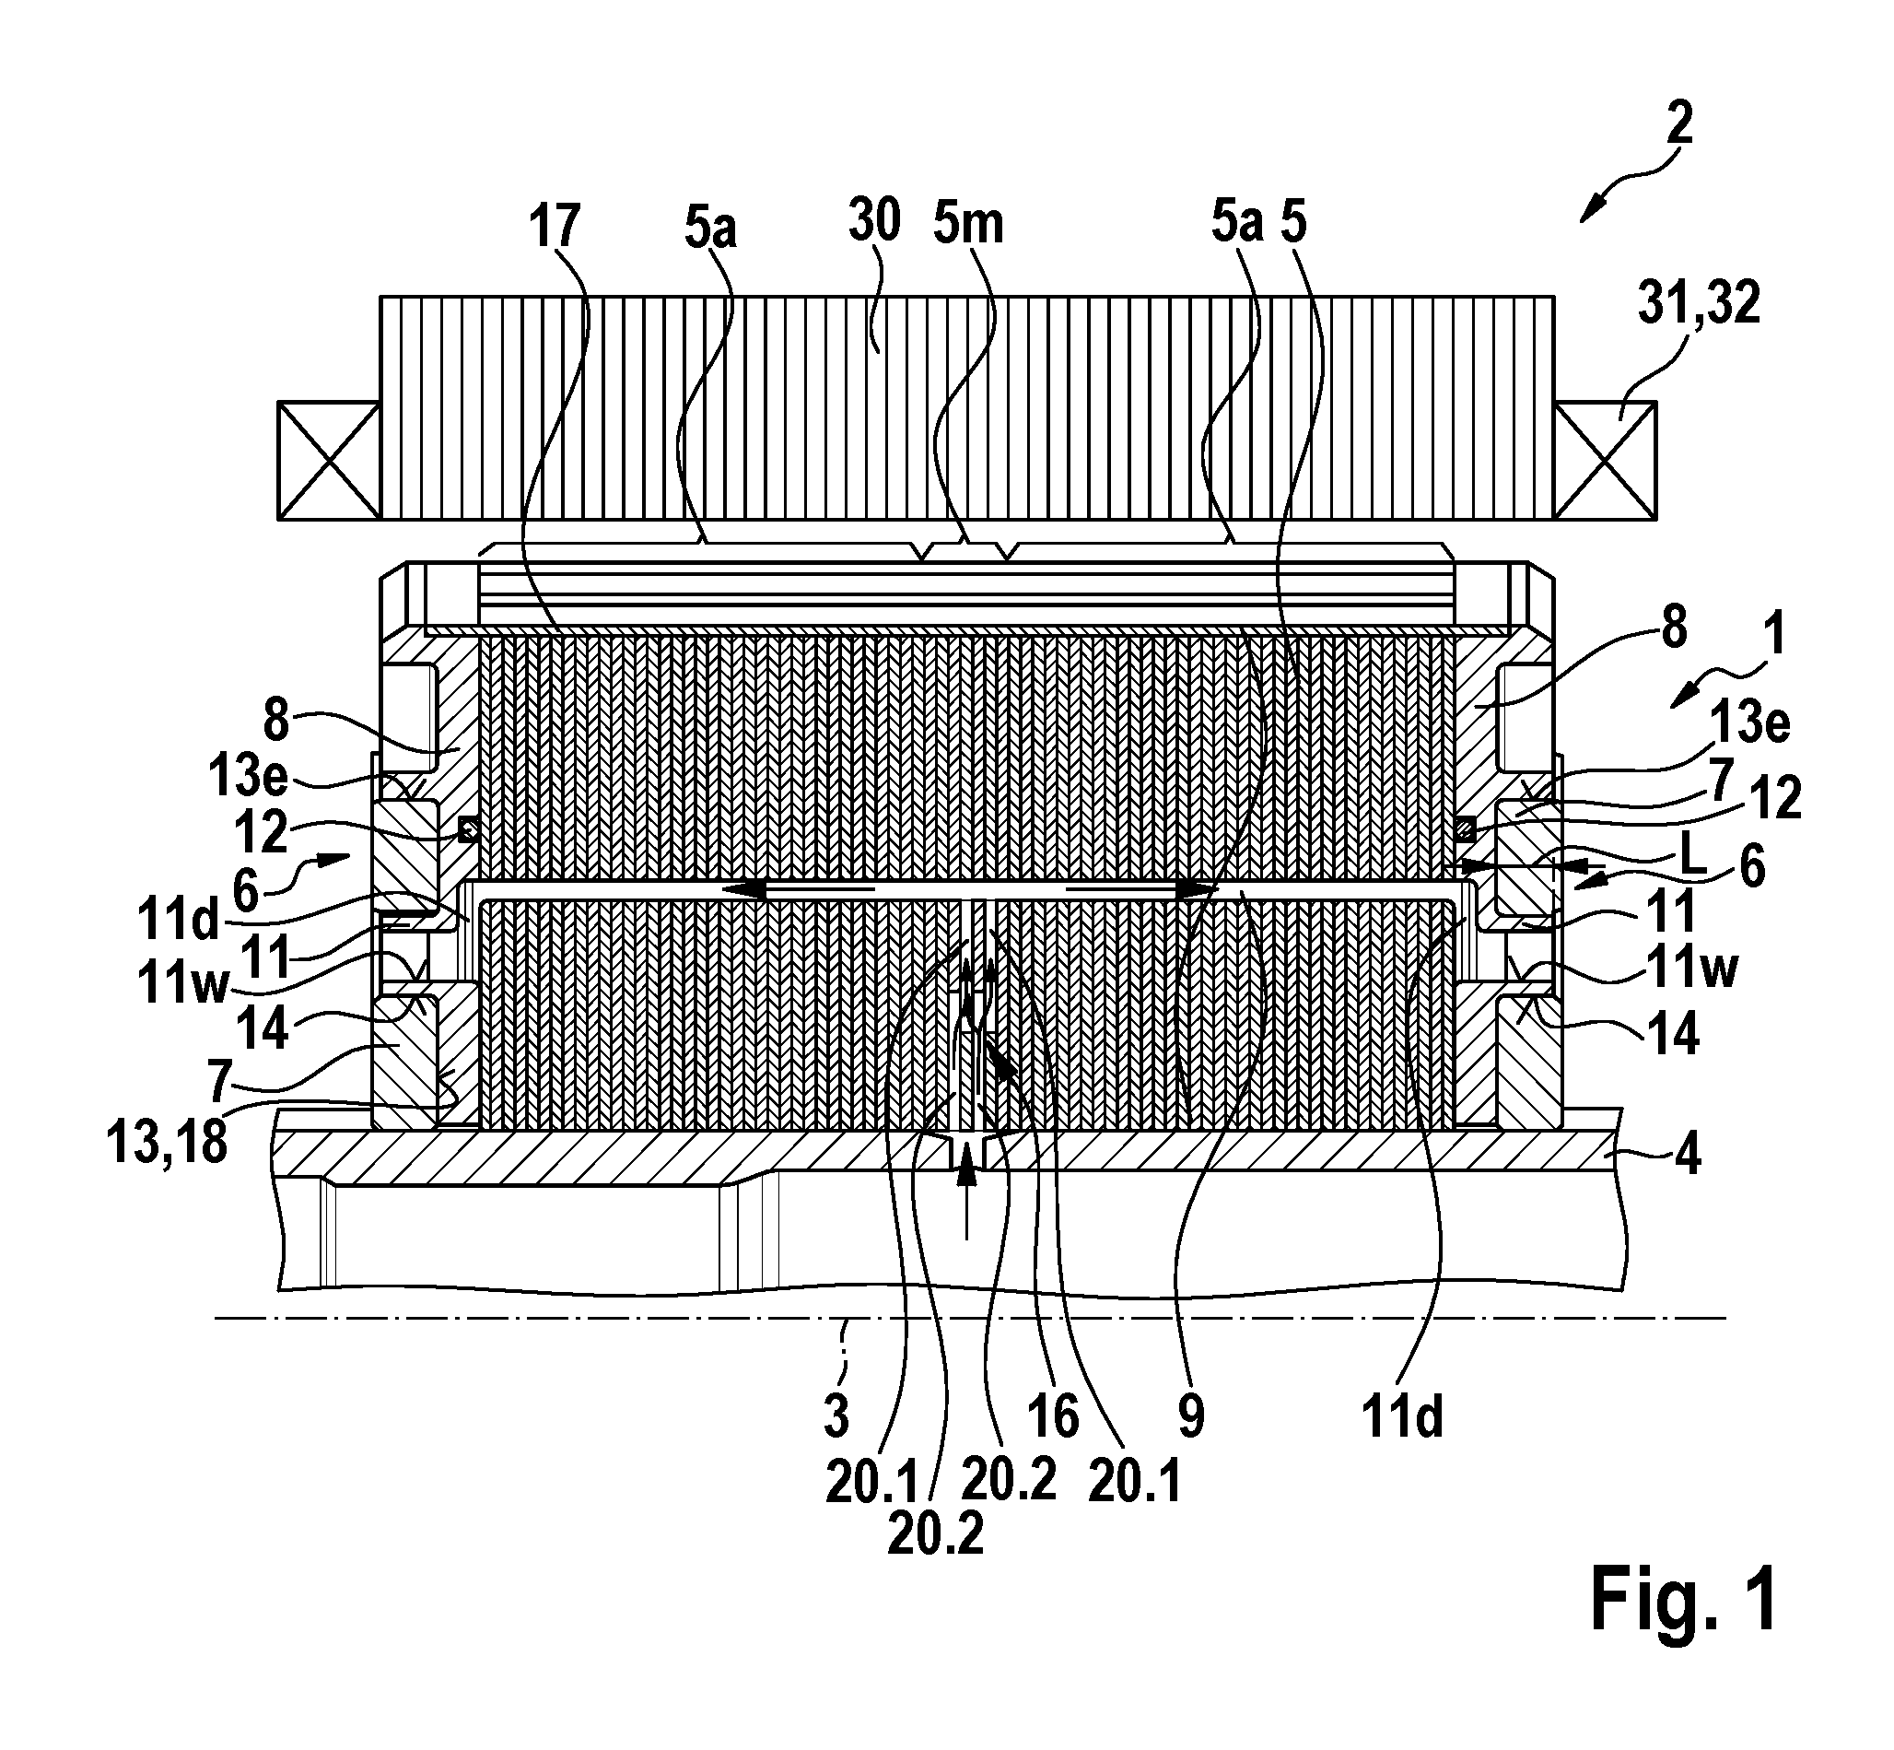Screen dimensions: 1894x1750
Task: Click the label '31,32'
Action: [x=1700, y=305]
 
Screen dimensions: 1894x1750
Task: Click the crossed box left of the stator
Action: [x=329, y=460]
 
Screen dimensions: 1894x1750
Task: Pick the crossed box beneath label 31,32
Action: [x=1606, y=460]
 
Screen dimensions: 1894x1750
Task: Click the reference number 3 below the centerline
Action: [x=836, y=1416]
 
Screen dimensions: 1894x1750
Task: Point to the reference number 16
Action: [x=1053, y=1417]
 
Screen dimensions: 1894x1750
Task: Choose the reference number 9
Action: [x=1191, y=1416]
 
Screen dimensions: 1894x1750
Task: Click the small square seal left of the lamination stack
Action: [x=468, y=830]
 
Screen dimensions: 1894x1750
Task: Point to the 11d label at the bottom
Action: [x=1403, y=1418]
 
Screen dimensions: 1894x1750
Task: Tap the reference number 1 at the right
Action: [x=1776, y=634]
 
